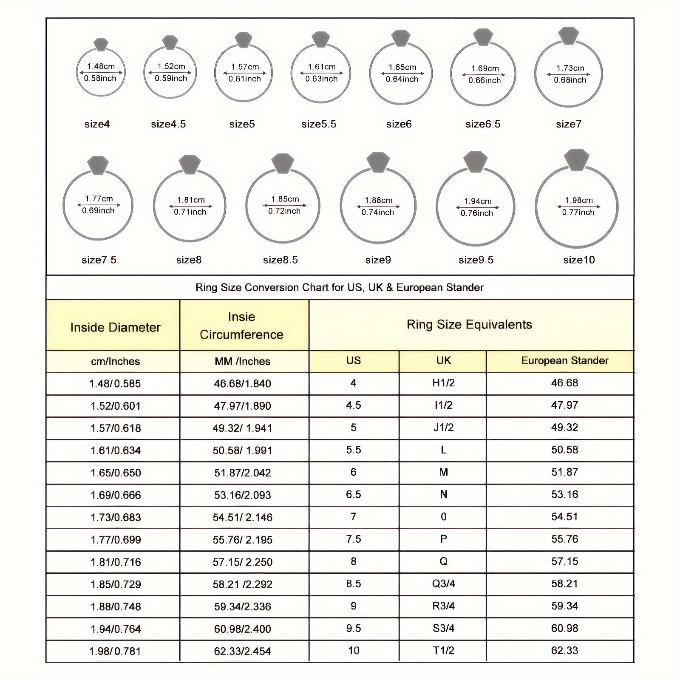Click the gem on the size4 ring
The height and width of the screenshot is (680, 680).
coord(101,44)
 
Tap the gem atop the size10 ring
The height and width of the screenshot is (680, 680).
coord(576,160)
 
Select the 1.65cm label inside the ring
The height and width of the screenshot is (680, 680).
coord(402,67)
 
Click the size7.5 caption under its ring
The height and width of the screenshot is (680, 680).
coord(99,260)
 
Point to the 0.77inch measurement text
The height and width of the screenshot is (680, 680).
coord(578,212)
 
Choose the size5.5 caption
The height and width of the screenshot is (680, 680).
coord(319,124)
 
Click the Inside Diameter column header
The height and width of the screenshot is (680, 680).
coord(115,327)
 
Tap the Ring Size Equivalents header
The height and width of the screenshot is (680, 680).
coord(469,325)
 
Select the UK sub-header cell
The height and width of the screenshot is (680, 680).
coord(443,361)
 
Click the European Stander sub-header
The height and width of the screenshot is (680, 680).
coord(564,361)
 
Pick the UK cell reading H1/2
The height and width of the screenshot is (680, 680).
coord(443,383)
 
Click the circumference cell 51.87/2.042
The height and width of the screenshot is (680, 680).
coord(242,473)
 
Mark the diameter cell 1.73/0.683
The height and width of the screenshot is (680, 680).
coord(116,517)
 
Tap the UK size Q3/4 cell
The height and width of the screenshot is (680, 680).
coord(443,584)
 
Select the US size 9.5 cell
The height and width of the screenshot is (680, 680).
coord(353,628)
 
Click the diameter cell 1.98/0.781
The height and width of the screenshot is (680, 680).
coord(115,651)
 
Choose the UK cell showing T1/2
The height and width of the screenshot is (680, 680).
coord(443,651)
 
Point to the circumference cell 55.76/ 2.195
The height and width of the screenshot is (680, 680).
coord(242,540)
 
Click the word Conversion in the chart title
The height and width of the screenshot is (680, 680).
coord(272,288)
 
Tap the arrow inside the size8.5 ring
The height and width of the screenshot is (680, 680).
coord(284,205)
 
